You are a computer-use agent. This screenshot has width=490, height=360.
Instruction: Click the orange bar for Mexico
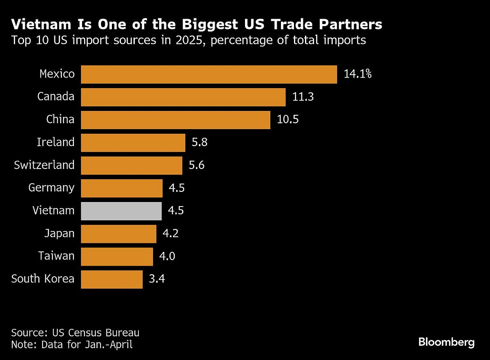coord(209,74)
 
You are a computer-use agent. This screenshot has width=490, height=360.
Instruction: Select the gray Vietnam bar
coord(121,211)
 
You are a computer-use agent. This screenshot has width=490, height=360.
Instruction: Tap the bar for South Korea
coord(112,279)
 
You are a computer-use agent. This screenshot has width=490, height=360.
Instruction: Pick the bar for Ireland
coord(133,142)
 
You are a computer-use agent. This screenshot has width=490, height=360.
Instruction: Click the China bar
coord(176,120)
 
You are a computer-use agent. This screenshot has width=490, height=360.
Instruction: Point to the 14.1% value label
coord(357,74)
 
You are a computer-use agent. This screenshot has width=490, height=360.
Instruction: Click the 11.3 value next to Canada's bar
coord(303,97)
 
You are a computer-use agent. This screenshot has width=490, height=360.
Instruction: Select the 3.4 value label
coord(157,279)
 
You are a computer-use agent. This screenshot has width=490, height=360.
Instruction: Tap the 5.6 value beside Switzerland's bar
coord(196,165)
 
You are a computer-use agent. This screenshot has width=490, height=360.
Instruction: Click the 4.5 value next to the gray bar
coord(176,211)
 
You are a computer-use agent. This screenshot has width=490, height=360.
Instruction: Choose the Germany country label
coord(51,188)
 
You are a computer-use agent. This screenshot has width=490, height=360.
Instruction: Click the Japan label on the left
coord(60,233)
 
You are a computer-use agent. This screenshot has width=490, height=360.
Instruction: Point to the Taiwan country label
coord(56,256)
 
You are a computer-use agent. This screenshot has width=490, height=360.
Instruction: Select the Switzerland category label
coord(44,165)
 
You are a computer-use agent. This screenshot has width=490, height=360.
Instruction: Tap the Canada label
coord(56,97)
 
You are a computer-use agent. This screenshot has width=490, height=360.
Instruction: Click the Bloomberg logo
coord(446,342)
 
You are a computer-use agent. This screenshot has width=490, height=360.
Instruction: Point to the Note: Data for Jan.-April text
coord(72,344)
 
